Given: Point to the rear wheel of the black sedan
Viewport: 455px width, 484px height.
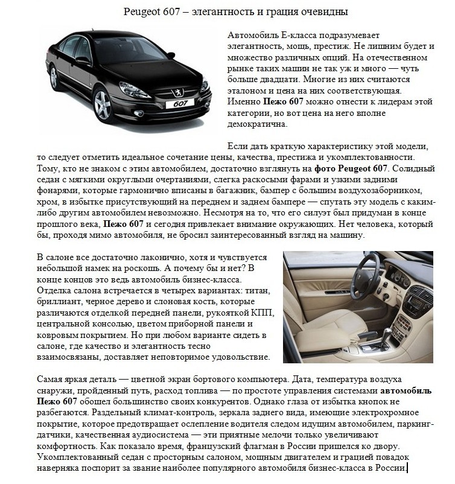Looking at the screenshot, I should [54, 77].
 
